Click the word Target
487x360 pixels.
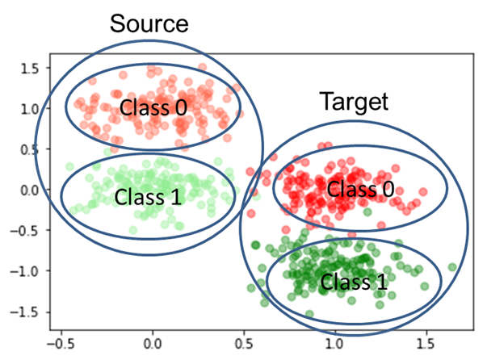[354, 102]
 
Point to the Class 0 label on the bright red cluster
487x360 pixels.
[361, 190]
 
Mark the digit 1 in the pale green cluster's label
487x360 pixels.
[176, 195]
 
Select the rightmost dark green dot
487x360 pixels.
[452, 267]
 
